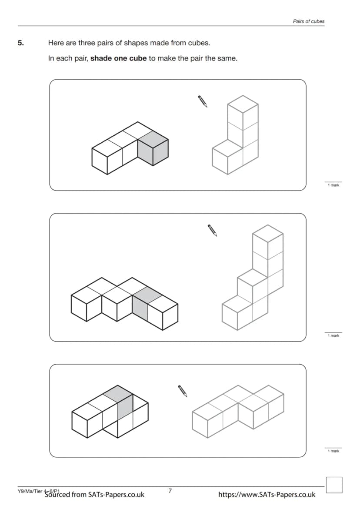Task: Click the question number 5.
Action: point(20,43)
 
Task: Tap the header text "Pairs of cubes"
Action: point(308,21)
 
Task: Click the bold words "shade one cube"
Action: point(118,59)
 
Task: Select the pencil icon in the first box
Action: point(203,101)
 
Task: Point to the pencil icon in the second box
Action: point(212,230)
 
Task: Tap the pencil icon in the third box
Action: point(183,391)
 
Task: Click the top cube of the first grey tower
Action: point(243,109)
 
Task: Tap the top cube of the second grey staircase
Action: point(268,238)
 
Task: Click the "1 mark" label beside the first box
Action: point(333,185)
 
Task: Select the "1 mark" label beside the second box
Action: point(333,335)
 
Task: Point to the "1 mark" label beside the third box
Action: point(333,451)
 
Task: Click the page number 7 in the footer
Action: point(170,491)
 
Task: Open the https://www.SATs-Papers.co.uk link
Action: point(267,494)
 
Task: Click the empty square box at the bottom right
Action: point(334,485)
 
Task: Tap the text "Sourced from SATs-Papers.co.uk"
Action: point(94,494)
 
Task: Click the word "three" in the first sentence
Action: point(87,43)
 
